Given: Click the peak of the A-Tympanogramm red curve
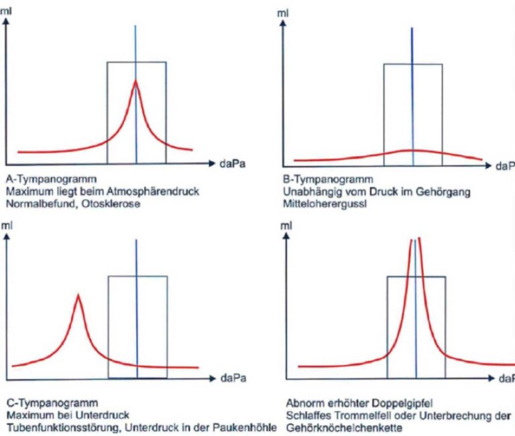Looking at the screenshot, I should [135, 82].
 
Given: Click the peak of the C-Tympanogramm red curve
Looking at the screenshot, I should [78, 295].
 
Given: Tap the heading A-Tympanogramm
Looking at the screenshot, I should [39, 179].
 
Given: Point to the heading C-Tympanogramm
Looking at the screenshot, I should [40, 403].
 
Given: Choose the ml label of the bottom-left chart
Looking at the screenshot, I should [9, 227].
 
